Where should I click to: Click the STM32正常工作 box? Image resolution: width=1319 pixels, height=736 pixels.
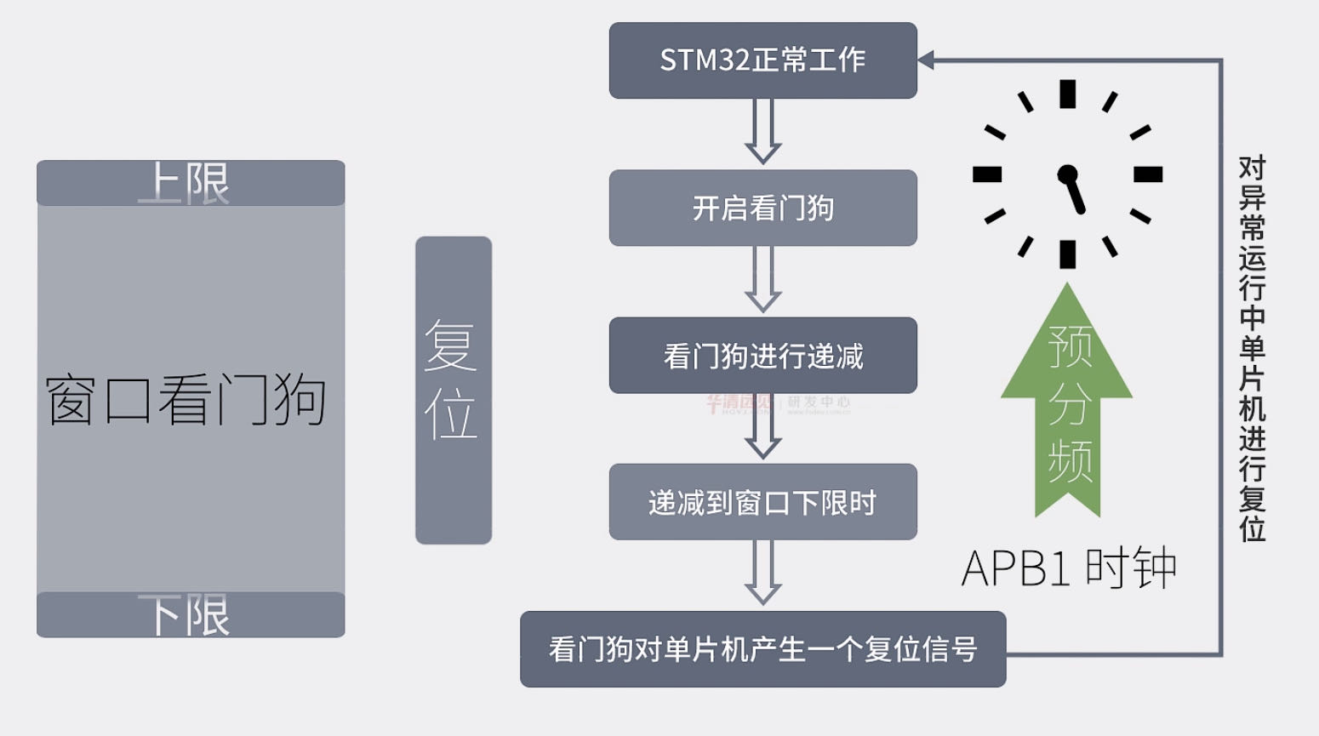[762, 60]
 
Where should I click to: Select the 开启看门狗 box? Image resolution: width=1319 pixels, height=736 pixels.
[762, 208]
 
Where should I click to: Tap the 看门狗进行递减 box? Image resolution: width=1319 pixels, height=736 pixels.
[762, 356]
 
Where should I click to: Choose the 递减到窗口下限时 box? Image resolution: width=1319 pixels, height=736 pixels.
[762, 502]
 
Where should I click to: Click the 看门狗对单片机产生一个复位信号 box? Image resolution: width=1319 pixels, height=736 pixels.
[762, 649]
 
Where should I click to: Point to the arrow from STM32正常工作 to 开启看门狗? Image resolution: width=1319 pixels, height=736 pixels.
[763, 133]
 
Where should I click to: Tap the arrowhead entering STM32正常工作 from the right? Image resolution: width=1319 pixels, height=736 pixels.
[927, 60]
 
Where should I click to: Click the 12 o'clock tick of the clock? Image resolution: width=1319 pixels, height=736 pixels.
[1067, 94]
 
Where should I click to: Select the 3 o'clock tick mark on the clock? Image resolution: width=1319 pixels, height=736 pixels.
[1148, 174]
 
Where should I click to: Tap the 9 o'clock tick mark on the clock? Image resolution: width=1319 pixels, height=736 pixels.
[987, 174]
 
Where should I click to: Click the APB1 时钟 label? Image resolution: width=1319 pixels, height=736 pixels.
[1069, 568]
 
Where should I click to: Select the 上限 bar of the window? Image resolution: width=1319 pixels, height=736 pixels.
[191, 183]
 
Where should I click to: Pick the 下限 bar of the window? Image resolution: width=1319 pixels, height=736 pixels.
[191, 614]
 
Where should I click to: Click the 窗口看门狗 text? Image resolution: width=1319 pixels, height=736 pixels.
[186, 399]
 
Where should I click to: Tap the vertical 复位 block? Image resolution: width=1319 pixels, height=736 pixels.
[454, 390]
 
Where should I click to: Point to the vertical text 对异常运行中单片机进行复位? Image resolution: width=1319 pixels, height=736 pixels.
[1252, 349]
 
